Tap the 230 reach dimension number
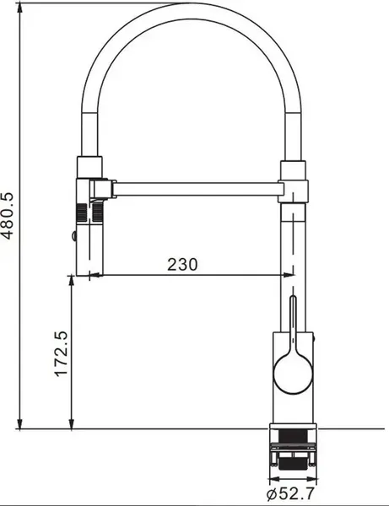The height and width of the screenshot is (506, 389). [181, 264]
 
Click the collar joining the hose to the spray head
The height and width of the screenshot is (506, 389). [90, 166]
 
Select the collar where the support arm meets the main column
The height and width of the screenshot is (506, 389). [294, 180]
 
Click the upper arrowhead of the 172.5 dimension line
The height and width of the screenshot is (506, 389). [71, 280]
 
